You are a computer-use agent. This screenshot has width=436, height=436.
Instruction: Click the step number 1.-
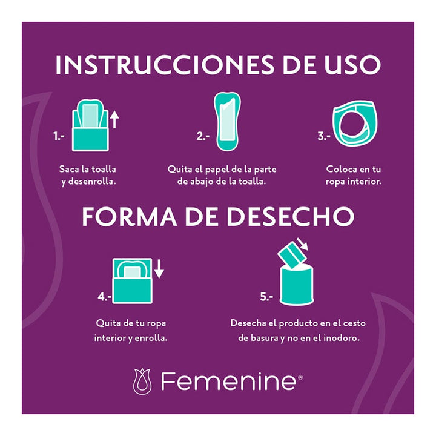59,137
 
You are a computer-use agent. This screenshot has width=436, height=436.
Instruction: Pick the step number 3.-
324,137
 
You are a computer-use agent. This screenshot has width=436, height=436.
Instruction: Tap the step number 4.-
104,297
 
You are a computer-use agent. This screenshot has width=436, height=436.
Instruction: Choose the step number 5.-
267,297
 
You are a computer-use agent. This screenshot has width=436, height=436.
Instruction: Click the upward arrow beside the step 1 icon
114,120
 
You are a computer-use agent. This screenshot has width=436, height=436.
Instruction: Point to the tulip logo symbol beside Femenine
143,381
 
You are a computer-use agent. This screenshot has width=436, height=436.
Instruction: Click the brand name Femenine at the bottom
228,381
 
